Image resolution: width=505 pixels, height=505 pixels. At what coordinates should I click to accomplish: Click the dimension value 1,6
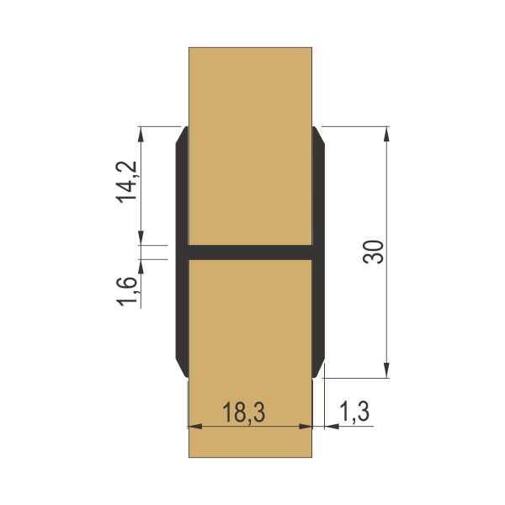(126, 291)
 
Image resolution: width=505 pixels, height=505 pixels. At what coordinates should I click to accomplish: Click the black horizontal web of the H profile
(250, 252)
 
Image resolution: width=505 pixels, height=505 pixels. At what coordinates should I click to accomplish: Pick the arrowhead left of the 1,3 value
(328, 426)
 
